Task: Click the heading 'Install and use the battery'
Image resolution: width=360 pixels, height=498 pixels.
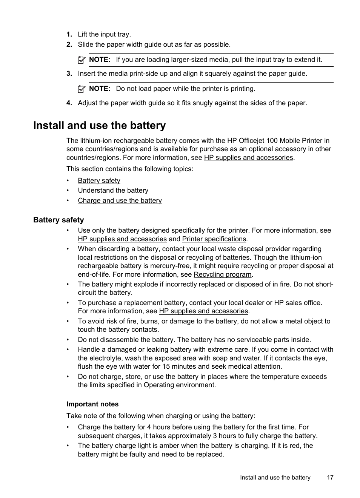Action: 99,126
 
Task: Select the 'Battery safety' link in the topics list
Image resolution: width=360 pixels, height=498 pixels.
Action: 99,181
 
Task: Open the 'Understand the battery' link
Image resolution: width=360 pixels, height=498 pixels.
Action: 113,190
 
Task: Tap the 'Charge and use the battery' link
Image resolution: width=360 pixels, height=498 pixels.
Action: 120,201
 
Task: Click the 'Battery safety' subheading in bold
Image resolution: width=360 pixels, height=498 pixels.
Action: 58,220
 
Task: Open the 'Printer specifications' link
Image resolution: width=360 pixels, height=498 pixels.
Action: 214,239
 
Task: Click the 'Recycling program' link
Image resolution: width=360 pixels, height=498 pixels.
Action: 222,274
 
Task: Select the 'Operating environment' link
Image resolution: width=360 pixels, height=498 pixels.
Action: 179,385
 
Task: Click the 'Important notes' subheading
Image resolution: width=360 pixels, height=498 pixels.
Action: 92,404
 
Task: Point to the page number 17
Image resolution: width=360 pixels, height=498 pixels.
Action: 330,478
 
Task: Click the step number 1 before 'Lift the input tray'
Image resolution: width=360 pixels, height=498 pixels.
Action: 69,34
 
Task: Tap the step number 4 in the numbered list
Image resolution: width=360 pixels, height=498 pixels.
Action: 69,103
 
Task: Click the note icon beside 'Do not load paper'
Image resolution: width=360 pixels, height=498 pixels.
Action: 82,89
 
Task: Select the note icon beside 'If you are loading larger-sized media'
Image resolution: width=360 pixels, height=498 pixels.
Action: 82,60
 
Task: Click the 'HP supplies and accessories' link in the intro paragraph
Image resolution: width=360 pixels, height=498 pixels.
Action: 248,158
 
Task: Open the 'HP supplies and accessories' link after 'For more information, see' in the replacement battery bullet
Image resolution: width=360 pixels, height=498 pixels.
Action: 203,311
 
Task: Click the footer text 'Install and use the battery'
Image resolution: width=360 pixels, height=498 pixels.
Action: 275,478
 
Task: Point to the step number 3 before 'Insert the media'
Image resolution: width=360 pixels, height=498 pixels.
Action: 69,74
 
